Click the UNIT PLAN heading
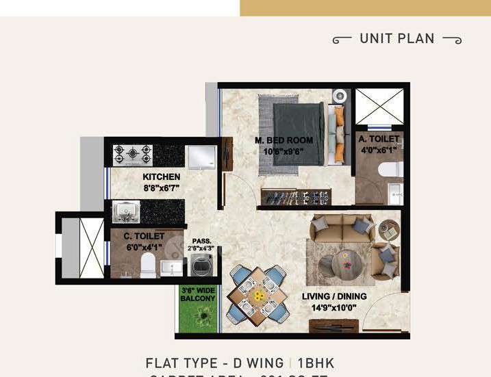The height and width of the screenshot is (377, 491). click(397, 38)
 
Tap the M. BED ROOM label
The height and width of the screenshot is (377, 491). click(284, 140)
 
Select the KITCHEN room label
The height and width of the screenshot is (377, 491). click(162, 177)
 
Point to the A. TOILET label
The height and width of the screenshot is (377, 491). click(379, 139)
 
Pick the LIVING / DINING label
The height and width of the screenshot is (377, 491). click(334, 296)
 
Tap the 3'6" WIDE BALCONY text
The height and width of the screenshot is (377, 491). click(198, 294)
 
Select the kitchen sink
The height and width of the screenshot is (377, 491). click(125, 213)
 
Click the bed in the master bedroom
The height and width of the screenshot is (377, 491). click(299, 133)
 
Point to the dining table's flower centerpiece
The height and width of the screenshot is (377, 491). click(258, 296)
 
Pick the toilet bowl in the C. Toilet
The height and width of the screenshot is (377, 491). click(147, 265)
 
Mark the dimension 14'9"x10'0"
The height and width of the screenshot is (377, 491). click(335, 307)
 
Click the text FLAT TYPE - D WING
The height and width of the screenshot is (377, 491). click(212, 363)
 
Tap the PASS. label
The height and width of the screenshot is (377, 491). click(201, 241)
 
